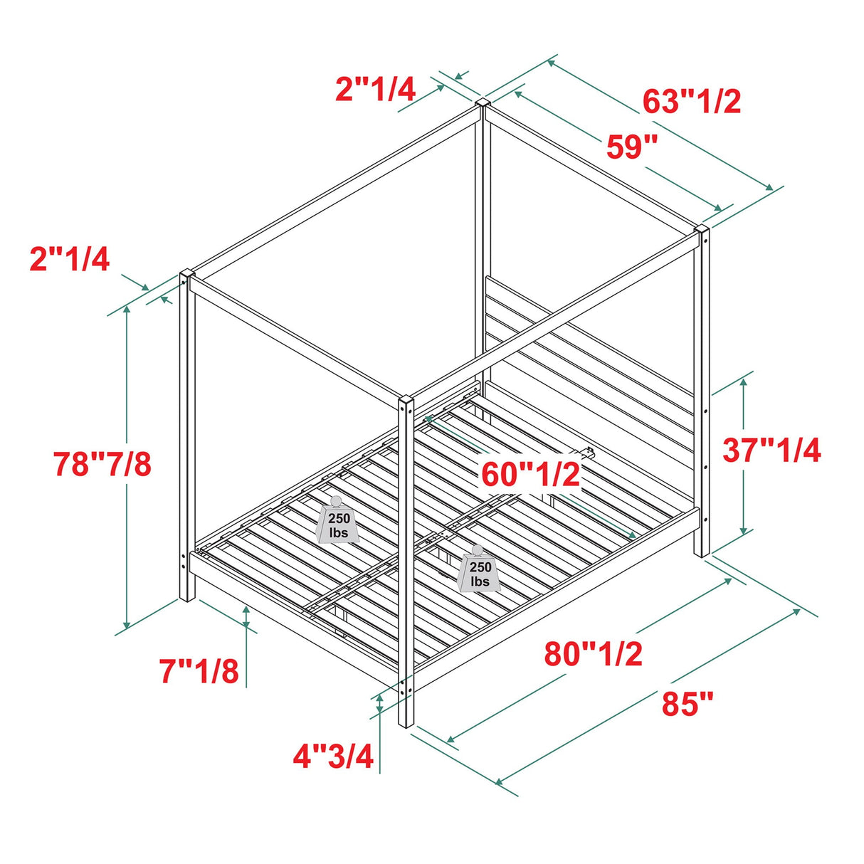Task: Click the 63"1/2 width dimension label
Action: pyautogui.click(x=692, y=102)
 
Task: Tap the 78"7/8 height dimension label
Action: pyautogui.click(x=102, y=465)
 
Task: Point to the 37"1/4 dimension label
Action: pyautogui.click(x=772, y=451)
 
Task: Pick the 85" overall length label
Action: pyautogui.click(x=687, y=705)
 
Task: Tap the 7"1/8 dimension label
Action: pyautogui.click(x=199, y=671)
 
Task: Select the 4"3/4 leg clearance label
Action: pyautogui.click(x=333, y=757)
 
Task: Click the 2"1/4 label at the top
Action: pyautogui.click(x=375, y=89)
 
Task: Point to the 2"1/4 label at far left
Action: pyautogui.click(x=70, y=259)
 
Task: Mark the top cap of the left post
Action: pyautogui.click(x=187, y=275)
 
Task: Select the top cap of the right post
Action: pyautogui.click(x=702, y=231)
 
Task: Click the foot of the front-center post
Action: pyautogui.click(x=406, y=722)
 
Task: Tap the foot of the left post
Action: pyautogui.click(x=186, y=596)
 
